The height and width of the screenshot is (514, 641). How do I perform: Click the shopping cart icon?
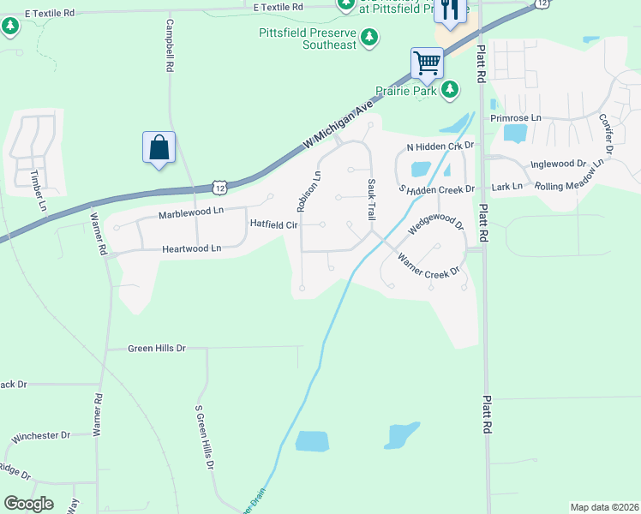pos(426,62)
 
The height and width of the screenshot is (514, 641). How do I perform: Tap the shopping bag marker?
pos(159,146)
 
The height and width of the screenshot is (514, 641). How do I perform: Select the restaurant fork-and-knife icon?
pos(450,10)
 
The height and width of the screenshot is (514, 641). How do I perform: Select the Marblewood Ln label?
pos(190,211)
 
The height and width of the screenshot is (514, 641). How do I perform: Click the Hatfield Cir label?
pos(273,224)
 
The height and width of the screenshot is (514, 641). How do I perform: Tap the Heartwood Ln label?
pos(191,248)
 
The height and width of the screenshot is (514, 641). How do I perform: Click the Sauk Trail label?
pos(371,199)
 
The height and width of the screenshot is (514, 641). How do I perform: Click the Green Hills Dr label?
pos(156,349)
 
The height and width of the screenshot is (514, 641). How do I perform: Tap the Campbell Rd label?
pos(169,45)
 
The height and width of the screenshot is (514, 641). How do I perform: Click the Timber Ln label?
pos(38,190)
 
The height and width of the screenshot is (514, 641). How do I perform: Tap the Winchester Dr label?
pos(40,436)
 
